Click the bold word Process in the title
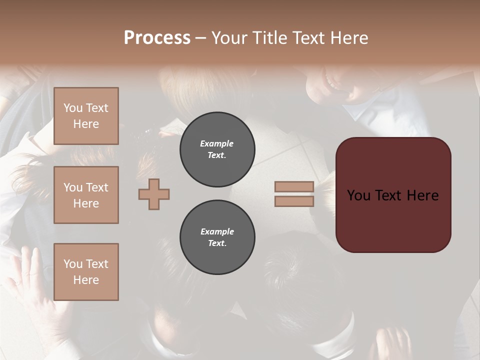(x=157, y=38)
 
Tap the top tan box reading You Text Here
(x=86, y=116)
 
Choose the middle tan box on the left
(x=86, y=195)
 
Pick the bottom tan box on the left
(x=86, y=272)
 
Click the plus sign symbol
(x=154, y=194)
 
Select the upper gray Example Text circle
(x=217, y=149)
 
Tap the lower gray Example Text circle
(x=217, y=237)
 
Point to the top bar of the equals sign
(x=294, y=186)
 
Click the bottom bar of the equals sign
(x=294, y=201)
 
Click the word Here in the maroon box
(x=422, y=195)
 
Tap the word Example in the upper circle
(x=217, y=143)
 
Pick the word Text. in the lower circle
(x=217, y=243)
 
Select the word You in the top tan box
(x=73, y=108)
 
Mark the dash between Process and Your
(x=201, y=38)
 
